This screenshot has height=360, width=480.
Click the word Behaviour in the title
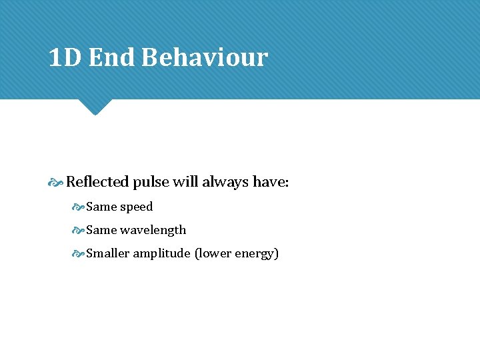click(205, 58)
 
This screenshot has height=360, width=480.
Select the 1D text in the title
click(65, 58)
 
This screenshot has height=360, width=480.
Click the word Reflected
click(97, 182)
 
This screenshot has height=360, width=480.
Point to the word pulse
click(150, 182)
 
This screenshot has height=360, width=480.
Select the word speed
click(137, 207)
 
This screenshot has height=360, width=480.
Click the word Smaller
click(107, 253)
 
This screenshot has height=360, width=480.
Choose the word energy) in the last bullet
click(257, 253)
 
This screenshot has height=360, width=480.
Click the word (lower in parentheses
click(213, 253)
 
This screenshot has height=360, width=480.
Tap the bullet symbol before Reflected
click(56, 182)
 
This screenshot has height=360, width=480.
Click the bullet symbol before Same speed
click(78, 207)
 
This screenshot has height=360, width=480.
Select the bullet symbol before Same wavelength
click(78, 230)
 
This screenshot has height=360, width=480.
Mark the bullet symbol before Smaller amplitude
click(78, 253)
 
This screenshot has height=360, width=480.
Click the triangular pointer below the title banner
click(94, 106)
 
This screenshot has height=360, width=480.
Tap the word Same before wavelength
click(101, 230)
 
